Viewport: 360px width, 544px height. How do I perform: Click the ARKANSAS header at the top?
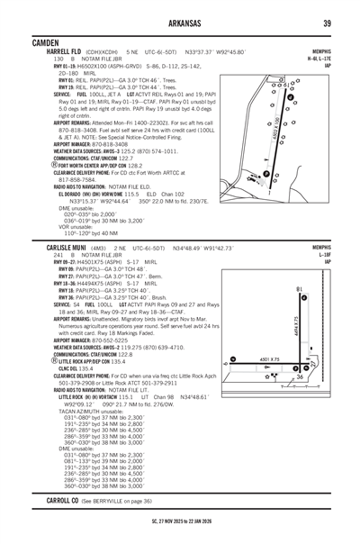pos(180,23)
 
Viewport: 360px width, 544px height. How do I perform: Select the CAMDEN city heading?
pos(44,41)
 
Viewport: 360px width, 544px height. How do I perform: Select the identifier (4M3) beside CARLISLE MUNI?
pos(100,247)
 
